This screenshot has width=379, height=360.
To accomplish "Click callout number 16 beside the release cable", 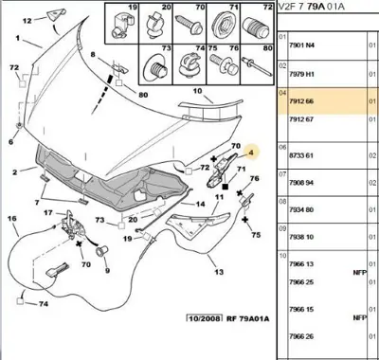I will coord(12,219).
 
